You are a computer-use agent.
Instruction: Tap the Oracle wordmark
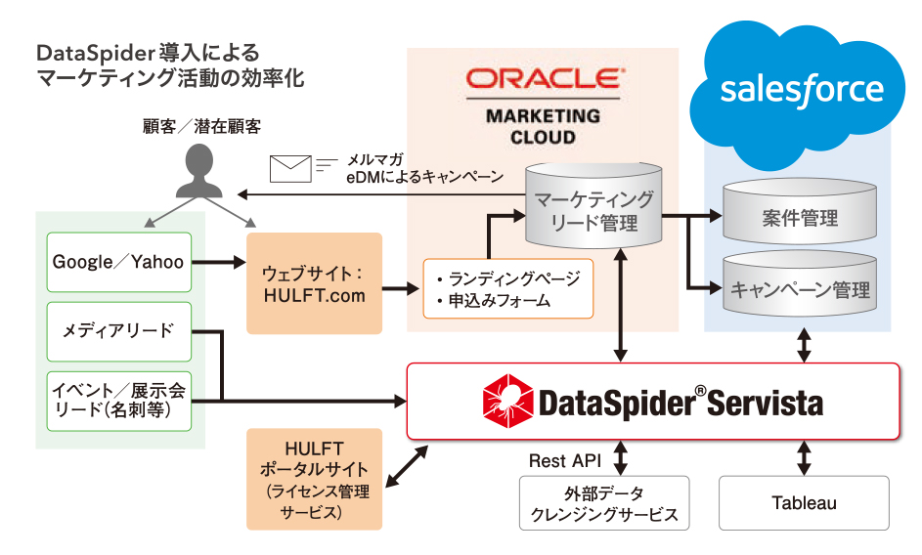[543, 80]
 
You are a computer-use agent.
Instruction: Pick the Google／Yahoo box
[118, 261]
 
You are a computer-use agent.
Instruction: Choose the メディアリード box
[118, 330]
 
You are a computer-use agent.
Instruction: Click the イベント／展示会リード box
[118, 401]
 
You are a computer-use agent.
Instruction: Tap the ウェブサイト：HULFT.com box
[313, 282]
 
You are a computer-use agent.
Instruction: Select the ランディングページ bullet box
[508, 288]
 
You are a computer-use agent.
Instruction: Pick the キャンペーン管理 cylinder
[799, 288]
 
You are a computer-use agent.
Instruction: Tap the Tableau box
[804, 503]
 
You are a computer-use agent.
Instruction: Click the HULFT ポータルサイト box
[313, 479]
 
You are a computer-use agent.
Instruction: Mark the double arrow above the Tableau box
[805, 457]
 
